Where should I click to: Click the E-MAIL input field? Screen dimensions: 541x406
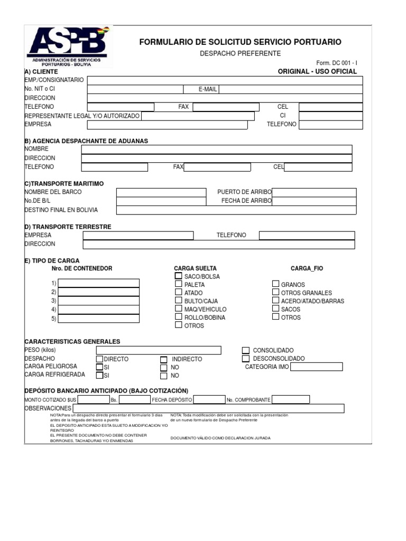point(291,89)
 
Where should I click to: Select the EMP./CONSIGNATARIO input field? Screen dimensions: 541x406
point(225,80)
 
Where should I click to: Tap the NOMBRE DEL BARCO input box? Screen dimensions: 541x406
point(161,192)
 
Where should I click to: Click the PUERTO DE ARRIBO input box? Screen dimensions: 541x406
point(314,192)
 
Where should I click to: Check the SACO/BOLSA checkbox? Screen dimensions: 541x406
point(179,276)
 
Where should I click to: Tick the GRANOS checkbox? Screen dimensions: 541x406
point(275,284)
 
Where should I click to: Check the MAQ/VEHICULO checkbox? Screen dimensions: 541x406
point(179,309)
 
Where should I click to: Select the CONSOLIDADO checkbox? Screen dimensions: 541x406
point(245,350)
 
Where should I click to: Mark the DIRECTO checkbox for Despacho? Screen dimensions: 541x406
point(99,359)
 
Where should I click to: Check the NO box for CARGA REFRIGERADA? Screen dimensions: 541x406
point(163,376)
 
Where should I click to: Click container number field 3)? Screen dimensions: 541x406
point(99,301)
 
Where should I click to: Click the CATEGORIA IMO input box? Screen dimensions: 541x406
point(316,367)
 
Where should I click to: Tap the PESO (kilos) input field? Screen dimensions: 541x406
point(159,350)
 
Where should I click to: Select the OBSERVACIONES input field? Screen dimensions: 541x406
point(208,408)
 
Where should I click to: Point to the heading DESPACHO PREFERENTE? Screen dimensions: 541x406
point(240,53)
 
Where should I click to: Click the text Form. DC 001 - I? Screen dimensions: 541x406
point(337,62)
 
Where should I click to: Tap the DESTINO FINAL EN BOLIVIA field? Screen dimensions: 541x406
point(236,210)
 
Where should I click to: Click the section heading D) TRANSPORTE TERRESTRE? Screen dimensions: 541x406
point(68,227)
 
